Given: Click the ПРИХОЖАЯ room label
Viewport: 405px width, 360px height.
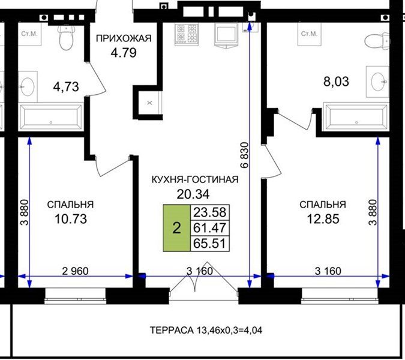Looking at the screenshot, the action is point(124,38).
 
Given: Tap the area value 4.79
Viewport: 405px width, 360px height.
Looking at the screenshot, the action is point(124,53).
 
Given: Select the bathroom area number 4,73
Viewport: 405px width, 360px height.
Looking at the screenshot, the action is point(66,87).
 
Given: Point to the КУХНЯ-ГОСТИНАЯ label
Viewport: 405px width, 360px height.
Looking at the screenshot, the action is point(195,179).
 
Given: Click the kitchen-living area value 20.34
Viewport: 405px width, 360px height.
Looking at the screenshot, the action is point(193,194).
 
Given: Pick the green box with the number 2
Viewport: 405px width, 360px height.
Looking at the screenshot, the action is point(176,228).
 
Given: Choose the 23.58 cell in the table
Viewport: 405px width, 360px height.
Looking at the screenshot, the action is point(210,212).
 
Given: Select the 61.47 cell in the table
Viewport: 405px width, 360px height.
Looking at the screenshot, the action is point(210,228).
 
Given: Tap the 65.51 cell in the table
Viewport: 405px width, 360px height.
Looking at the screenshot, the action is point(210,243).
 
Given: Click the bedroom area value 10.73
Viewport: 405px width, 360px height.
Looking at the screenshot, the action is point(71,219).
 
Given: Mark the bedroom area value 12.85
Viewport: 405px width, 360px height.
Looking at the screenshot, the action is point(323,219).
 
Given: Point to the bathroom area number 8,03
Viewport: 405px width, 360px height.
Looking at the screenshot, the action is point(336,82).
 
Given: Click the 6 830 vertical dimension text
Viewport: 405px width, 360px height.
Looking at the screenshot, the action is point(245,155).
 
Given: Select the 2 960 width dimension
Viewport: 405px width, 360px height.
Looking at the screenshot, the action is point(75,271).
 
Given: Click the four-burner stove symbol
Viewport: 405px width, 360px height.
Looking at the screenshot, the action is point(187,34).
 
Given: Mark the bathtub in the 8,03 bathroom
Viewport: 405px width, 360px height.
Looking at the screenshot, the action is point(356,116).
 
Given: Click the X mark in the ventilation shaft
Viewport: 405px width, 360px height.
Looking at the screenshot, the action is point(149,103).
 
